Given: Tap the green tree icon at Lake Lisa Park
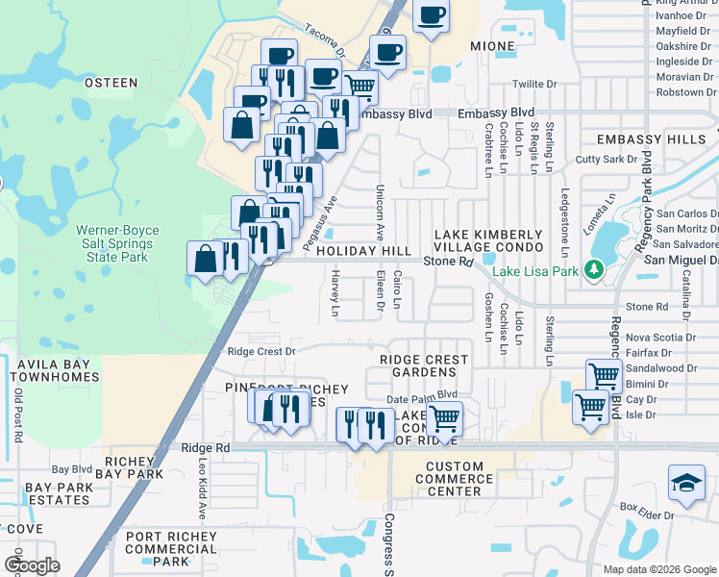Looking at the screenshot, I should tap(594, 270).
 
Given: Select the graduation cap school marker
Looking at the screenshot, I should tap(686, 482).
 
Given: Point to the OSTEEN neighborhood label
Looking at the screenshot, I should tap(112, 83).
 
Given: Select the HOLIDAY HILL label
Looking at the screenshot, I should tap(370, 250).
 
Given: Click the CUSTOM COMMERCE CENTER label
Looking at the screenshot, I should tap(454, 478).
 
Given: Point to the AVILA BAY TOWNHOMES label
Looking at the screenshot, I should tap(50, 371).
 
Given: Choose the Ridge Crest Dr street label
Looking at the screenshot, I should tap(260, 351).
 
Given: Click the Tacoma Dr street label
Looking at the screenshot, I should tap(326, 40).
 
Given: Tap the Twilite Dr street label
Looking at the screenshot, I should tap(534, 84).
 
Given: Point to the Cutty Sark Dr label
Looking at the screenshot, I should tap(606, 160).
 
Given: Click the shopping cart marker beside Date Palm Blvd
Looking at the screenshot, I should tap(444, 418).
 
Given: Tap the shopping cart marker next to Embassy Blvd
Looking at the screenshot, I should tap(359, 86).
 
